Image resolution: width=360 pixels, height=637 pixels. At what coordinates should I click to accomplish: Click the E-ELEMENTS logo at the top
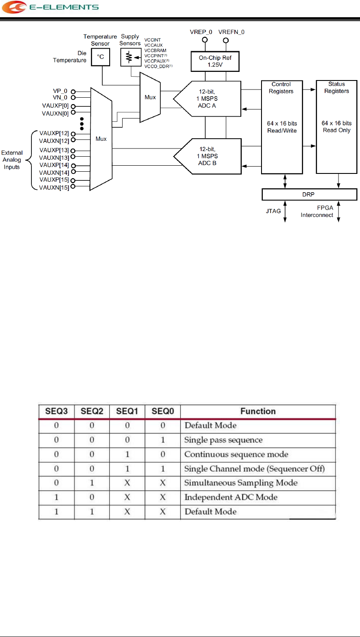pyautogui.click(x=51, y=7)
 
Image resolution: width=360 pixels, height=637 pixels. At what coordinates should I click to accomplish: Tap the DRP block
pyautogui.click(x=309, y=195)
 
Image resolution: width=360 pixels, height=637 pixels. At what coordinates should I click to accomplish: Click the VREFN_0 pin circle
pyautogui.click(x=226, y=40)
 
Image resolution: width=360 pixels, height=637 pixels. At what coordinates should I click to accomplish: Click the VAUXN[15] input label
pyautogui.click(x=55, y=187)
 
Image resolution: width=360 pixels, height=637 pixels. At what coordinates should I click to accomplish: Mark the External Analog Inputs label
pyautogui.click(x=12, y=160)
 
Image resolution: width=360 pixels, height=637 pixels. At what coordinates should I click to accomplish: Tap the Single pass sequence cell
pyautogui.click(x=224, y=440)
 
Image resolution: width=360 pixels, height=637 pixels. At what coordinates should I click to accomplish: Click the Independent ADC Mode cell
pyautogui.click(x=231, y=497)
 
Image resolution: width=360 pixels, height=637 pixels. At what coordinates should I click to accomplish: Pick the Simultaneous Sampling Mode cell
pyautogui.click(x=241, y=483)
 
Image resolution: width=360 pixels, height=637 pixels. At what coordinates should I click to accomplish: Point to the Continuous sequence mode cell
pyautogui.click(x=237, y=454)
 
